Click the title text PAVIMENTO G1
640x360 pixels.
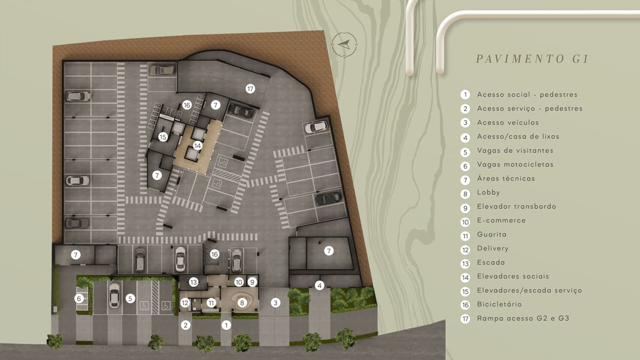pos(532,59)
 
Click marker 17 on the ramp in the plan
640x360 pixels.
pos(250,89)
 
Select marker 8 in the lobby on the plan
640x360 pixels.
pos(242,303)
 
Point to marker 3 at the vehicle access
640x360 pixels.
pos(275,303)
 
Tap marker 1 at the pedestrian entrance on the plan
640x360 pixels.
pos(226,325)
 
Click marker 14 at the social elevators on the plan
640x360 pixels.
pos(197,146)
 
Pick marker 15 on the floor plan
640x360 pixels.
pos(163,137)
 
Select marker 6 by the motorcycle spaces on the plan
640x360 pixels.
pos(79,299)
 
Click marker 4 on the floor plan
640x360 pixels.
pos(319,285)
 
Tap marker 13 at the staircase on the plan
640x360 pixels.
pos(194,282)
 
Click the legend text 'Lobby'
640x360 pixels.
pos(489,193)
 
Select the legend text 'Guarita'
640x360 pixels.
pos(492,234)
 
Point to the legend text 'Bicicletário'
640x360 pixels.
pos(499,305)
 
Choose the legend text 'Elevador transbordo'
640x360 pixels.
pos(517,206)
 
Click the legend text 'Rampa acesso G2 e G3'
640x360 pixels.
pos(523,318)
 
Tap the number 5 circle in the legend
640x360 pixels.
pos(465,152)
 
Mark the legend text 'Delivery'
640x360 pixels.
pos(493,249)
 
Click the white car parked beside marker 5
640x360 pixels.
pos(114,295)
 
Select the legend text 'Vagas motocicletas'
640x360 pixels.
pos(515,164)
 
